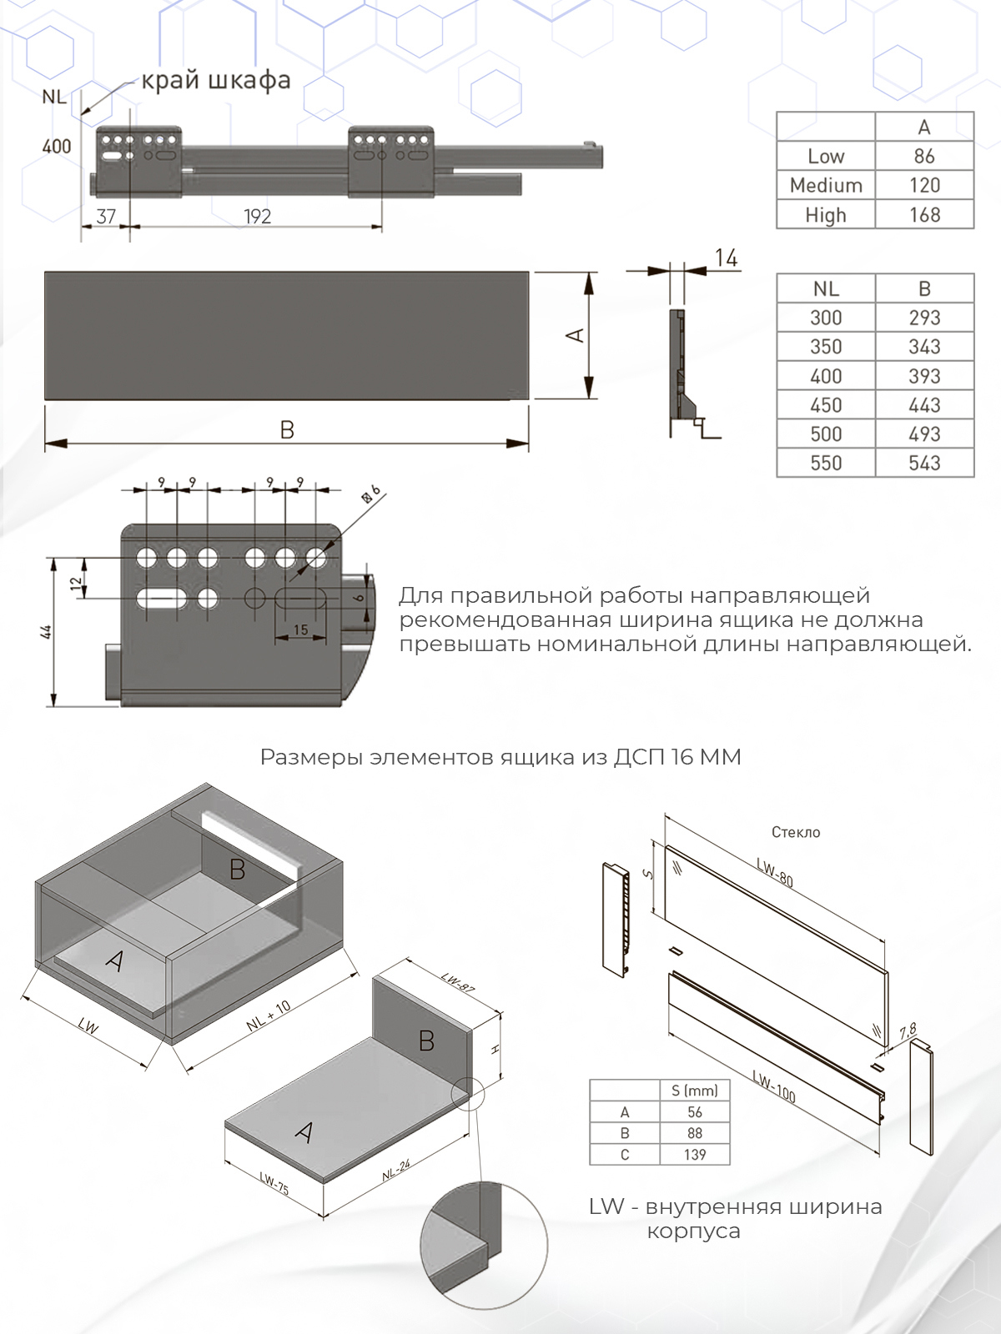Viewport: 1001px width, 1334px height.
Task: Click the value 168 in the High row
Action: pos(924,214)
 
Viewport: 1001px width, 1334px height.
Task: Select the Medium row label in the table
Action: pos(826,185)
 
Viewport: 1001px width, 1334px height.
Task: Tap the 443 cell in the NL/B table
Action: pos(924,405)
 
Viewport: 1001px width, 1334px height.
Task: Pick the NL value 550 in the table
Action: pos(826,463)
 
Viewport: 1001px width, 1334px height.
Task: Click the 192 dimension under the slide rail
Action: pos(257,217)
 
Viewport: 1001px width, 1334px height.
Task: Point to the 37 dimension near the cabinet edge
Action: pos(106,217)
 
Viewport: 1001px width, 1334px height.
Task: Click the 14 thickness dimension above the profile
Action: pos(726,259)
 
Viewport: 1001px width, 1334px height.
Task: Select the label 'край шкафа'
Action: pos(215,80)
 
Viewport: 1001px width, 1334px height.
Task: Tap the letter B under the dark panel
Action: pos(287,430)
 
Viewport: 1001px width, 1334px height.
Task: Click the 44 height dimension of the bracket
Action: pos(47,632)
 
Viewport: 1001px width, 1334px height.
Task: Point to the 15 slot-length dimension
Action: pos(300,629)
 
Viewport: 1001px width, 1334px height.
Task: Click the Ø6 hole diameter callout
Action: pos(370,493)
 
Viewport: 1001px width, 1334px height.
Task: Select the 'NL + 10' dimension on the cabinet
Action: pos(269,1016)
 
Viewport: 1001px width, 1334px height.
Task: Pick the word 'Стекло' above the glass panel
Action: pos(796,832)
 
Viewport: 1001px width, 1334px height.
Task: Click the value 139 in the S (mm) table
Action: pos(694,1155)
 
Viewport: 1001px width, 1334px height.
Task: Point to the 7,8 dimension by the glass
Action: pos(907,1032)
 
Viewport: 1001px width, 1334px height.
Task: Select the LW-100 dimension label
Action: pos(773,1086)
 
